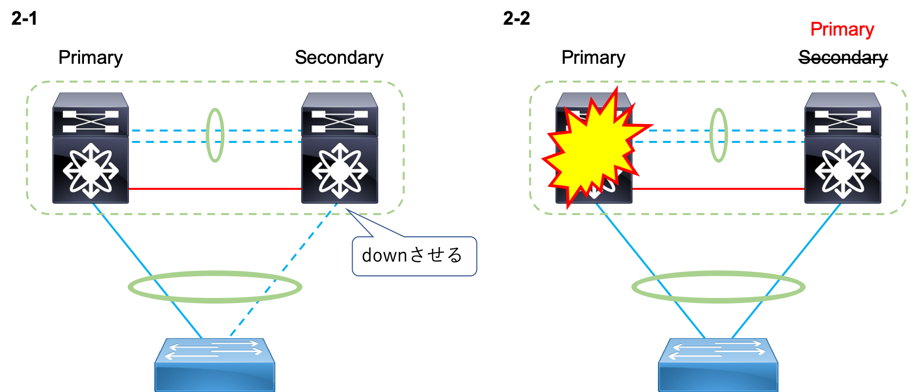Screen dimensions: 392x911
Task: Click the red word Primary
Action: tap(842, 30)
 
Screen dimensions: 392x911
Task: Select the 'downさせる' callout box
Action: tap(414, 256)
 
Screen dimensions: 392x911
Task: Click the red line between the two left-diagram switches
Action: tap(215, 189)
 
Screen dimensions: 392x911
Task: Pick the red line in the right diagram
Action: tap(718, 189)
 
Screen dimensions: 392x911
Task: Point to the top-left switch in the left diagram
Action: tap(91, 148)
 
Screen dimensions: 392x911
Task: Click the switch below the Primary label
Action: tap(843, 148)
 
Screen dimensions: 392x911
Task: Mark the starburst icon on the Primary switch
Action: tap(843, 171)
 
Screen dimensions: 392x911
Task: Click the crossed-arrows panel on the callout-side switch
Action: tap(340, 122)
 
